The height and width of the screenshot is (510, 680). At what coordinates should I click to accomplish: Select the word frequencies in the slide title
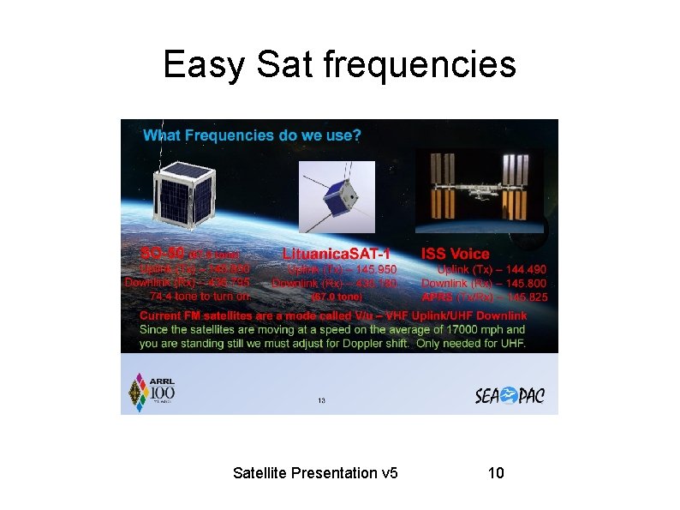pos(421,64)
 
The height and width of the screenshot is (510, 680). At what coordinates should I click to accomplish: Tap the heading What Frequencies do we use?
pos(252,135)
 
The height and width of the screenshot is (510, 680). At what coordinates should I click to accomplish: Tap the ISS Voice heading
pos(455,254)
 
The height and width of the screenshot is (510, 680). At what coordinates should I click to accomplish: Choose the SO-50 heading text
pos(163,254)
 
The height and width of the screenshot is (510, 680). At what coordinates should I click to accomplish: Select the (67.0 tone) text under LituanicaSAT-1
pos(337,297)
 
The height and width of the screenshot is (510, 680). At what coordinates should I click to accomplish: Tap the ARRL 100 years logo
pos(152,389)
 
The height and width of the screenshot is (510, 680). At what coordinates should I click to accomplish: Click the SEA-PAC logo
pos(510,394)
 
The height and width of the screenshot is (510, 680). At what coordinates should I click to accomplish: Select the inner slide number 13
pos(322,399)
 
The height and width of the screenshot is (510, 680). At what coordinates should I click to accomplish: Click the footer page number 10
pos(495,472)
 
